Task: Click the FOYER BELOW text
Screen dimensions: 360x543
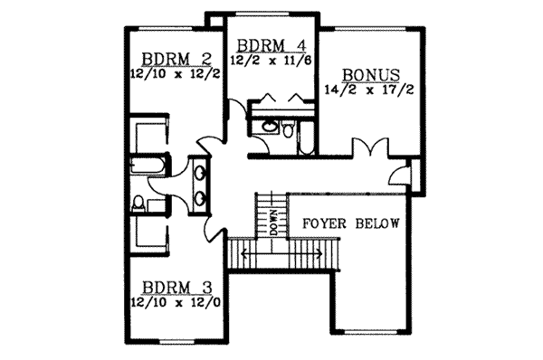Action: [x=349, y=223]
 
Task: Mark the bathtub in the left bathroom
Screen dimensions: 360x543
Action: [x=148, y=165]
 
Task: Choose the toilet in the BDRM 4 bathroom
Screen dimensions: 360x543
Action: [x=288, y=132]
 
